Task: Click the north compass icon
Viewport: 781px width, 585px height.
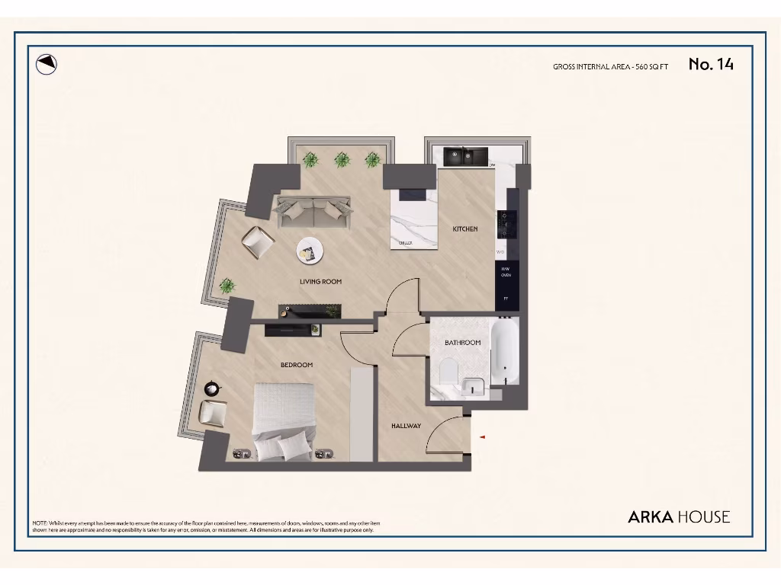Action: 47,65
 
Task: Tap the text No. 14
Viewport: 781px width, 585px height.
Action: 711,65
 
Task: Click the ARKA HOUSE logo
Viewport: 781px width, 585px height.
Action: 678,516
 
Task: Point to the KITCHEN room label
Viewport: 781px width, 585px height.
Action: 465,229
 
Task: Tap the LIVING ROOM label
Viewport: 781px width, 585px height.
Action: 320,282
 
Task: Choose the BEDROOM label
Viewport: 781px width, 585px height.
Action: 297,365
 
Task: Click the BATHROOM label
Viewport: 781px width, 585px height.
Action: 462,343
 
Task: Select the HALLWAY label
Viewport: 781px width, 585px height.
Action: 406,426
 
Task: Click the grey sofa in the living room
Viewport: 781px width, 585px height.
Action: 313,211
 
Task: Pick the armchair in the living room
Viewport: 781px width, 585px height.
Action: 258,242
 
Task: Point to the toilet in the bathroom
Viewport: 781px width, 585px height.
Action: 448,372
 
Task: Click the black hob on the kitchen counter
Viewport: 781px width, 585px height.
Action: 506,225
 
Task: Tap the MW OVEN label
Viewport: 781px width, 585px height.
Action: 506,272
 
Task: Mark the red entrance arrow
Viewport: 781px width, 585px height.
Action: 482,436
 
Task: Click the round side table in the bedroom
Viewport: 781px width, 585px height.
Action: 212,387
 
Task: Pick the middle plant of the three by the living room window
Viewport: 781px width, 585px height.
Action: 342,160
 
